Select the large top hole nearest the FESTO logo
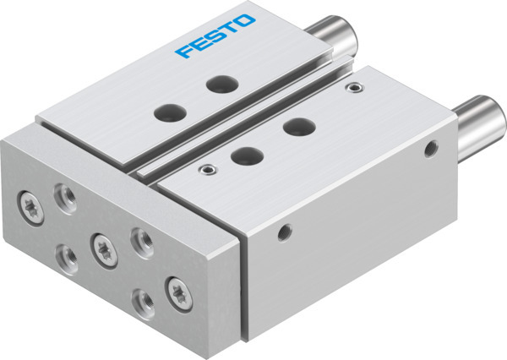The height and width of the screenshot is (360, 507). (x=222, y=84)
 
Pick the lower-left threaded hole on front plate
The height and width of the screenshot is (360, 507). (x=63, y=251)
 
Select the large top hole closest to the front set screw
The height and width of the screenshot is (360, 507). (x=245, y=155)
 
